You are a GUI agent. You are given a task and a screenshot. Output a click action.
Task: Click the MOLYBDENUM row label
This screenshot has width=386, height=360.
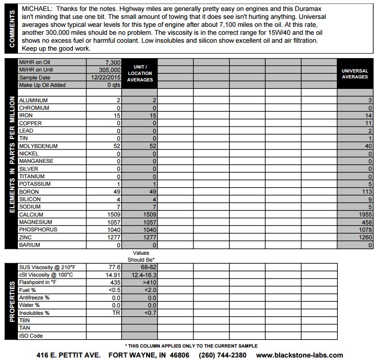point(38,146)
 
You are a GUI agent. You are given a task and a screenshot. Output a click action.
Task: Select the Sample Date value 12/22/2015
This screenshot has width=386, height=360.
point(106,77)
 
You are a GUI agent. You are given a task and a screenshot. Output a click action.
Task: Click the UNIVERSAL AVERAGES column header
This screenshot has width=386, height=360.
point(355,74)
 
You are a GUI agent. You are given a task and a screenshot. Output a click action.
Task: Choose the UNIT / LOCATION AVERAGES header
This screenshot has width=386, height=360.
point(140,73)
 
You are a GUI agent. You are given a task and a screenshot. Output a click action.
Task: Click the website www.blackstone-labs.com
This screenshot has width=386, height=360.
point(300,355)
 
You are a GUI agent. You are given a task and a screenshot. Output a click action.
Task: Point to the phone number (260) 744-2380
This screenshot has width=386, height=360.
point(222,355)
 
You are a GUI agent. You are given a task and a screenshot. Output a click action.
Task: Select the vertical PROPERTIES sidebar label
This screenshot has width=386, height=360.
point(11,301)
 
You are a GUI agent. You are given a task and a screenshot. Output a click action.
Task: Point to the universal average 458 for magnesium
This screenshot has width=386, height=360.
point(366,222)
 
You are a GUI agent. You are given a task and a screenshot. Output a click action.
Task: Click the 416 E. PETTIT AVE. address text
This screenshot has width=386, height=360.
point(69,355)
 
